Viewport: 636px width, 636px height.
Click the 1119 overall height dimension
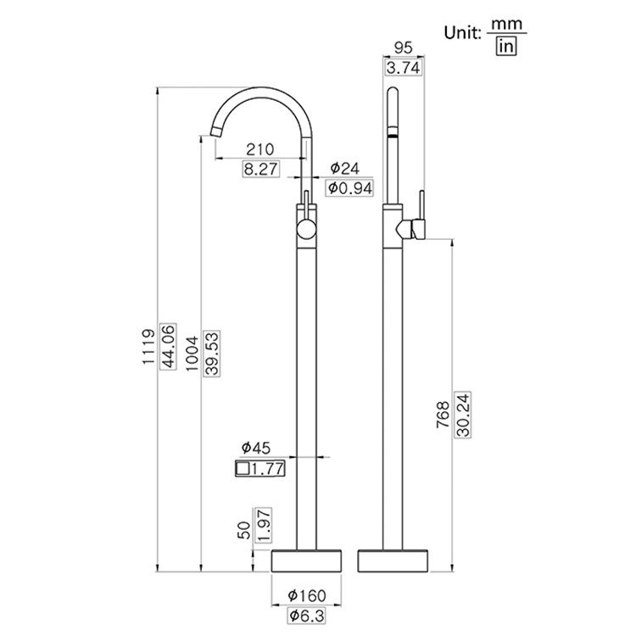(x=148, y=347)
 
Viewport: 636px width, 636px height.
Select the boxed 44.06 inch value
(x=168, y=347)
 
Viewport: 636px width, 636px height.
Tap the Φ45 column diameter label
(x=255, y=447)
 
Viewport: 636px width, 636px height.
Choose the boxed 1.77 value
(x=260, y=467)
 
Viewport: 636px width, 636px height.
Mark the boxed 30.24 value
(x=463, y=415)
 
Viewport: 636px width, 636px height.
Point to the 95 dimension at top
(x=404, y=48)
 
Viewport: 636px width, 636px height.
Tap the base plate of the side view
(x=395, y=561)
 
